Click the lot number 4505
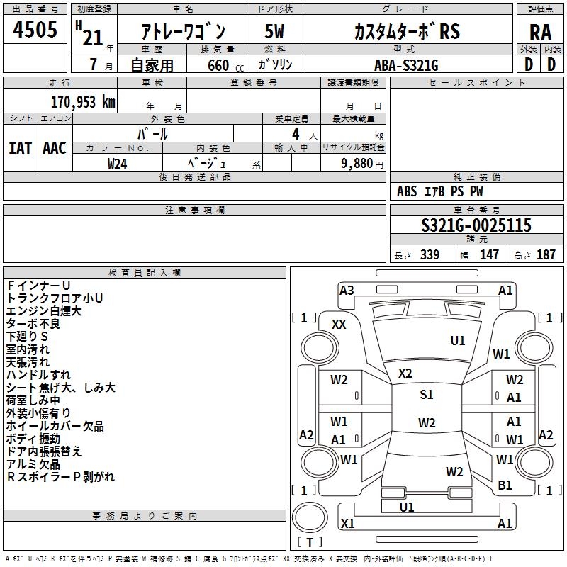pos(35,30)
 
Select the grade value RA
pos(540,33)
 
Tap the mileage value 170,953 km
pos(83,102)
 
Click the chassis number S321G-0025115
pos(476,225)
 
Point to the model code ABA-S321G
pos(406,65)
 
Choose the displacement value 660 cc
pos(225,65)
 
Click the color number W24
pos(117,164)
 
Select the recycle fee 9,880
pos(357,163)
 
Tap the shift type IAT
pos(20,148)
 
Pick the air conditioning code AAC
pos(55,148)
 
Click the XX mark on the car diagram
pos(339,325)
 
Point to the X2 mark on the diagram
pos(405,373)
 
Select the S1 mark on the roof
pos(427,394)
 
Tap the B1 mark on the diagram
pos(505,485)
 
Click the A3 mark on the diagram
pos(347,290)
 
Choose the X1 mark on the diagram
pos(347,523)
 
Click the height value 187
pos(546,254)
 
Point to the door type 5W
pos(274,31)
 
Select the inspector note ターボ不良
pos(33,324)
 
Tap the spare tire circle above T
pos(310,517)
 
